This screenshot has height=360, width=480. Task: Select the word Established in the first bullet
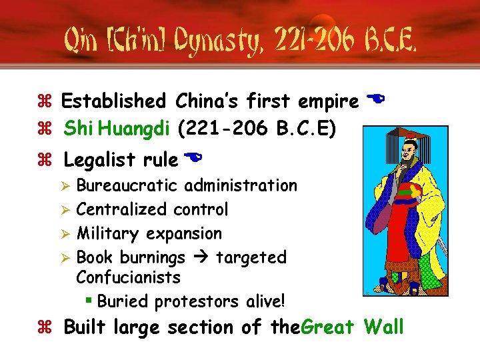tap(113, 101)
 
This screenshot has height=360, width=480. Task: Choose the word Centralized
tap(122, 209)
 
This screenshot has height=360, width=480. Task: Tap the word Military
tap(108, 233)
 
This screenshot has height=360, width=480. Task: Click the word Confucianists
tap(129, 276)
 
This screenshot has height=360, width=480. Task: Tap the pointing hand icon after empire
tap(376, 100)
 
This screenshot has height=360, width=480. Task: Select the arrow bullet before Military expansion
tap(65, 234)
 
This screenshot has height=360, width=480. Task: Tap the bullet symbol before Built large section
tap(51, 328)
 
